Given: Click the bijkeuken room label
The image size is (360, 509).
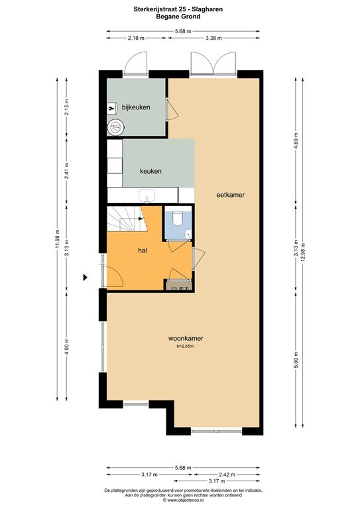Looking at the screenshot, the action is point(136,107).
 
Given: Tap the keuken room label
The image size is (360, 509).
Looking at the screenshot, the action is point(150,171).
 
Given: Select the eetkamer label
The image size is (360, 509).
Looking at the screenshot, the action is point(231,195).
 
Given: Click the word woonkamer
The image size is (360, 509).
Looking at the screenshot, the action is point(186,338).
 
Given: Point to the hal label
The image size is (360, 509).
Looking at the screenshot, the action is point(143,251).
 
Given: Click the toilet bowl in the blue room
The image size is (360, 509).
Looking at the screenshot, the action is point(178,218).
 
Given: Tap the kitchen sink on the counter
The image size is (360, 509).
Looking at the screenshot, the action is point(147,196).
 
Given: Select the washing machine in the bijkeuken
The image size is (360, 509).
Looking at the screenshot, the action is point(115,127).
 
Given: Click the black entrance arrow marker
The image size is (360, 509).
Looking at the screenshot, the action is point(86,277).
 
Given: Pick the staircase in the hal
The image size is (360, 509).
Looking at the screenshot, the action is point(127,219).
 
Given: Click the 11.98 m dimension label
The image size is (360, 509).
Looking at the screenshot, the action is point(58,239).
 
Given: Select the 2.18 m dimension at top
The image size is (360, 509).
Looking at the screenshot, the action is point(136,38).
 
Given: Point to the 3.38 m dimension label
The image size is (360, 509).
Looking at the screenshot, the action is point(213,38).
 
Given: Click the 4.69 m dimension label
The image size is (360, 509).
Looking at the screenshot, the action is point(296,141).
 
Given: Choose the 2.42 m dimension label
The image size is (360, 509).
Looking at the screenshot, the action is point(227,475).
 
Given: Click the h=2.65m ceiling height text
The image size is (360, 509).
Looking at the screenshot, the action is point(186,347).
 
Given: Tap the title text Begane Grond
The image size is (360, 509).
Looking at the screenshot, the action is point(178,16).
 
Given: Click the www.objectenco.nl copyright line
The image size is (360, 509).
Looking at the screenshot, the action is point(183,500).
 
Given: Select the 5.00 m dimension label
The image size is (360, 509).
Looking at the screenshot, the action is point(296,360).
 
